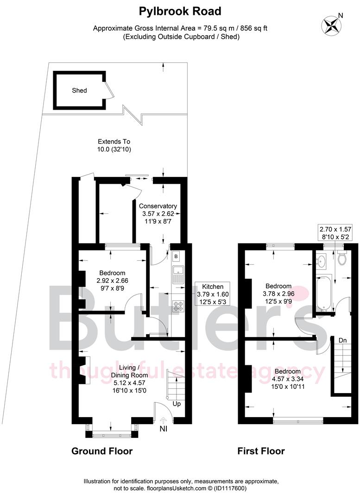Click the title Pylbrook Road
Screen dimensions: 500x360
pos(180,11)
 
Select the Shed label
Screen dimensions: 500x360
pos(79,90)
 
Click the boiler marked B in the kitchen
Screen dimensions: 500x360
pos(177,256)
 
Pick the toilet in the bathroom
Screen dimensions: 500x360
pos(342,258)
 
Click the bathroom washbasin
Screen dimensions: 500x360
pos(322,261)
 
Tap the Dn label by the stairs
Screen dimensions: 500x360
pos(342,340)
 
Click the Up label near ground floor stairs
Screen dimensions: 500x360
pos(176,404)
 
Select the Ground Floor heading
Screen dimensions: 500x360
pos(101,451)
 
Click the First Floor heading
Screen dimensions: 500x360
pos(261,451)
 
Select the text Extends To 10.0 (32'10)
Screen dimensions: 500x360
pos(114,145)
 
